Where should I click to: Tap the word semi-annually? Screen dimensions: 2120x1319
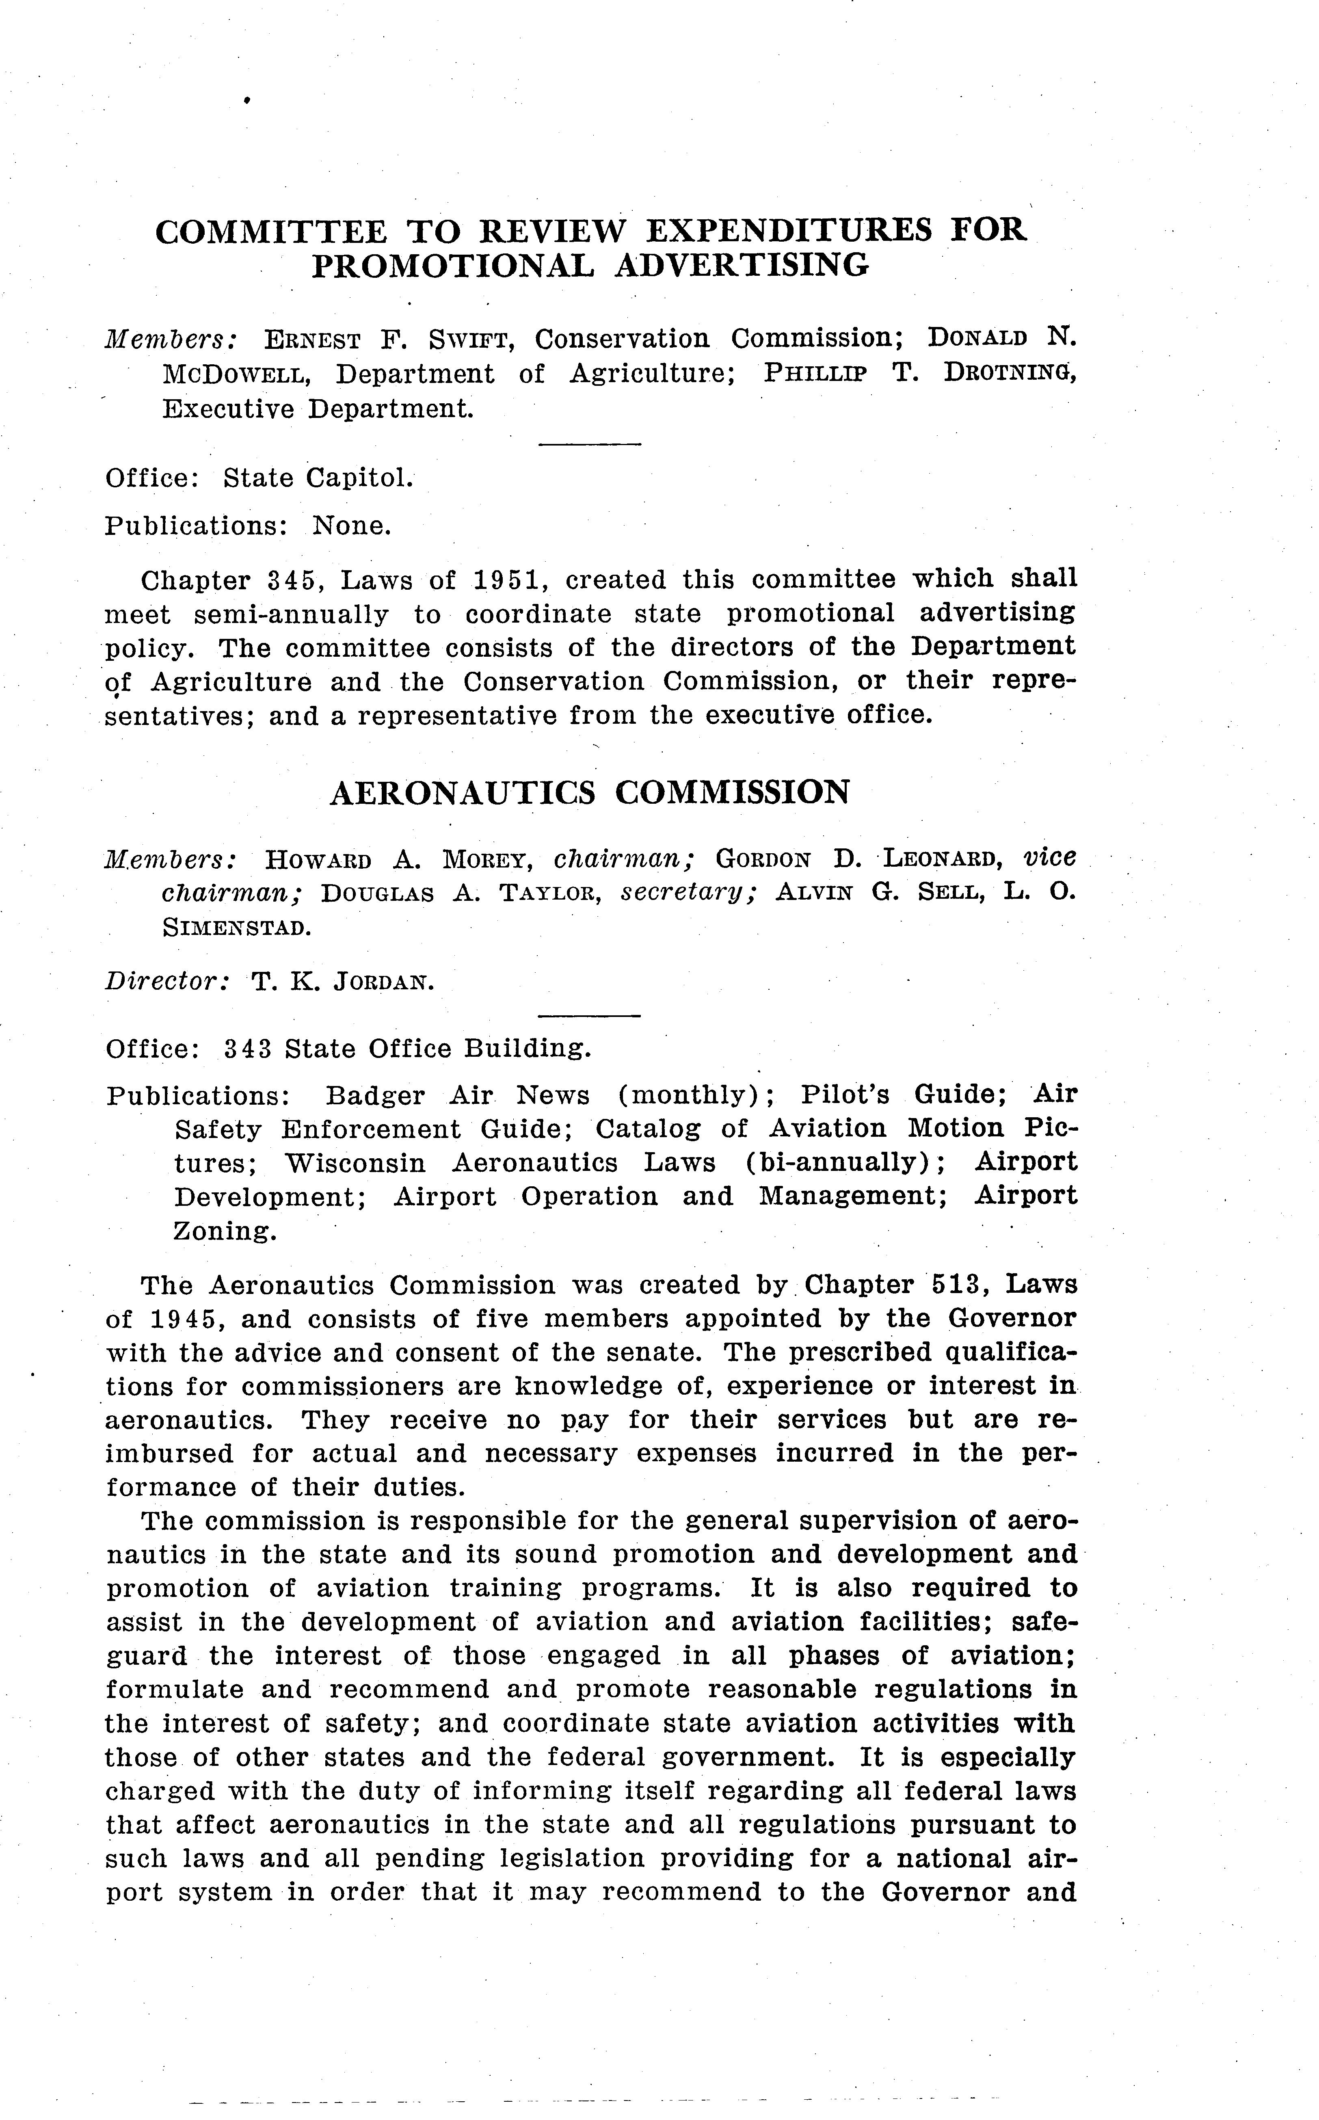(x=290, y=615)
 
